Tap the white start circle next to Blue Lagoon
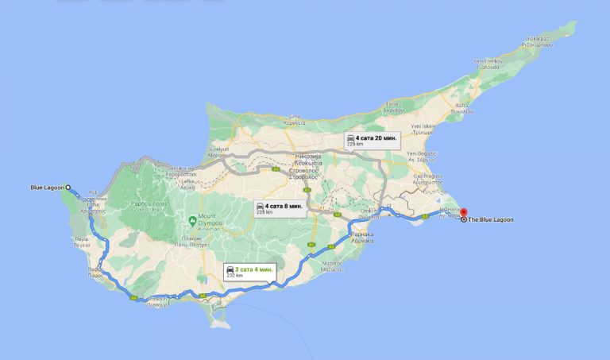(x=68, y=188)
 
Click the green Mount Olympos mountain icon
(x=192, y=219)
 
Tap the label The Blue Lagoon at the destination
(x=491, y=219)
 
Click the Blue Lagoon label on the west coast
(x=44, y=188)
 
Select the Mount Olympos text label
(x=210, y=220)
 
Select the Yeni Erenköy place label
(x=489, y=61)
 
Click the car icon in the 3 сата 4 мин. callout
(x=230, y=270)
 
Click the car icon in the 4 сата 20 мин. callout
(x=350, y=140)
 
